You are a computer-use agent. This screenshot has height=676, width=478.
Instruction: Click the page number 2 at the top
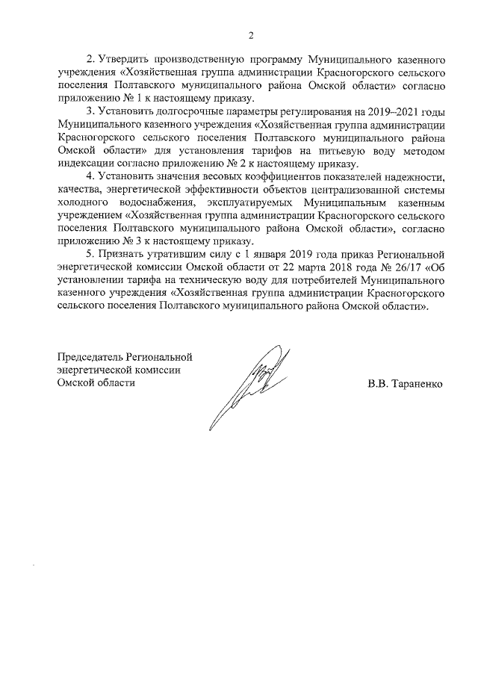(x=251, y=35)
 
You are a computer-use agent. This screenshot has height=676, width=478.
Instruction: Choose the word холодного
(x=83, y=203)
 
